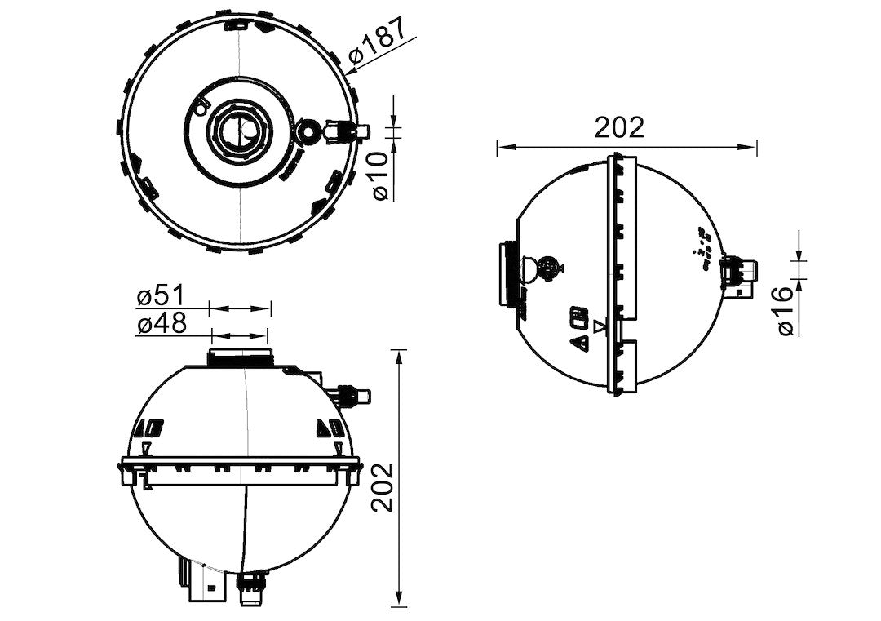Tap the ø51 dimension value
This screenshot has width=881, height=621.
pyautogui.click(x=162, y=296)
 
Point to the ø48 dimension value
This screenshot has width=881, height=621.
pyautogui.click(x=162, y=323)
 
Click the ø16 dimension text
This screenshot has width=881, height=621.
pyautogui.click(x=784, y=310)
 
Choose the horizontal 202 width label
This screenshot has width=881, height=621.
pyautogui.click(x=619, y=127)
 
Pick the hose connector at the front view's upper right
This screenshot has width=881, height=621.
pyautogui.click(x=354, y=396)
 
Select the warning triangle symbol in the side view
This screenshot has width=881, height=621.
pyautogui.click(x=582, y=344)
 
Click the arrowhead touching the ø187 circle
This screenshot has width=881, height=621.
pyautogui.click(x=351, y=71)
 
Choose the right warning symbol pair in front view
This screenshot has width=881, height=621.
pyautogui.click(x=330, y=428)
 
